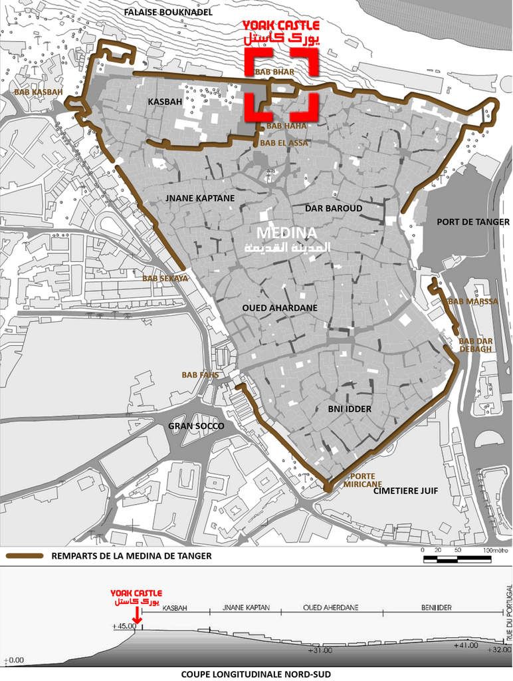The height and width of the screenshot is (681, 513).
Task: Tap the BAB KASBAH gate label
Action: point(33,91)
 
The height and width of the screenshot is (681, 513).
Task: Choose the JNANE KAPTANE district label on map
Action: point(193,198)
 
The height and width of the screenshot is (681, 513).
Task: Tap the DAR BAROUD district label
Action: point(334,208)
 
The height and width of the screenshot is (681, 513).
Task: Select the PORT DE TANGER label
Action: point(473,222)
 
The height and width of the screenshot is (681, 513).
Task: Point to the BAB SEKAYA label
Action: point(165,279)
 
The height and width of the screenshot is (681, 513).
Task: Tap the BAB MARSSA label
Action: point(473,301)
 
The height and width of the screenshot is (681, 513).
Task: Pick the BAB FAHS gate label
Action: point(200,375)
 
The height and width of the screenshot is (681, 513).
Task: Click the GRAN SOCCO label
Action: point(196,426)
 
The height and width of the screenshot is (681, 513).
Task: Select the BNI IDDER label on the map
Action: point(350,409)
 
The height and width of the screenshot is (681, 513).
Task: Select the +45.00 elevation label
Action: point(124,626)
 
